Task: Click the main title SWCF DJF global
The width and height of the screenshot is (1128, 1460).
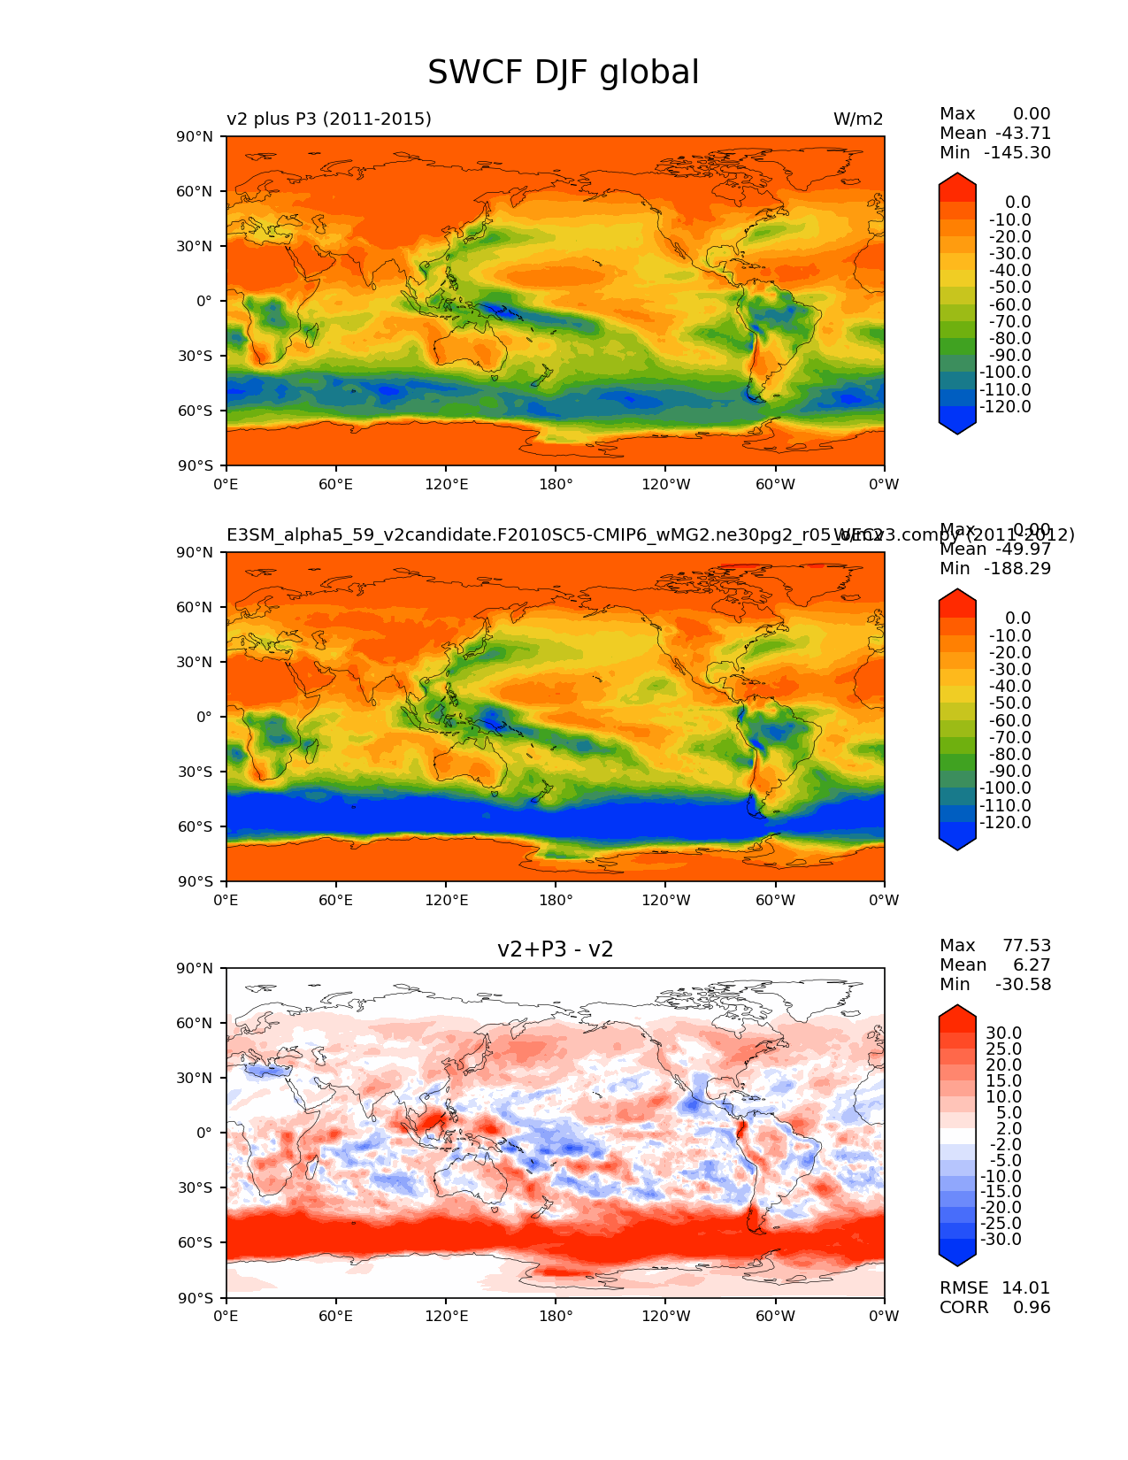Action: [563, 73]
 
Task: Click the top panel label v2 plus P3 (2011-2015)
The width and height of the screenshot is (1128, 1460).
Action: [329, 119]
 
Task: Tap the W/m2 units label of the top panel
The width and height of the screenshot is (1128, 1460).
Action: [857, 119]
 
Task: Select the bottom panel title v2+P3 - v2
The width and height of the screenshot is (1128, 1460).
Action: [555, 949]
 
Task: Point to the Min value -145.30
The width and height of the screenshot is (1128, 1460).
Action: [1023, 152]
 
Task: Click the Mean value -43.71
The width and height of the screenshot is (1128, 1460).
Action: [1023, 133]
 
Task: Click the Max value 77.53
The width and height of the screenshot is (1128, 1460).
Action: [1026, 945]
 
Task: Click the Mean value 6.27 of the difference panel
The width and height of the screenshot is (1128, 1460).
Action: [1032, 964]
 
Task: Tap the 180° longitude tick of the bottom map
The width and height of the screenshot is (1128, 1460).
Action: [556, 1316]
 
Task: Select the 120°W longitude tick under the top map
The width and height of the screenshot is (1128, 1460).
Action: [665, 483]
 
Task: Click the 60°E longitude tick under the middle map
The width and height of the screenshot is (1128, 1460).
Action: [336, 900]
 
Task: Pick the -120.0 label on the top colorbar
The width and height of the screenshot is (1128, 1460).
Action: [1005, 406]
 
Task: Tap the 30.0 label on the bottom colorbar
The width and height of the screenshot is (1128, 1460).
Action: [1004, 1033]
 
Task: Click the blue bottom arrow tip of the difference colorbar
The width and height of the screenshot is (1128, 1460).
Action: [957, 1261]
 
